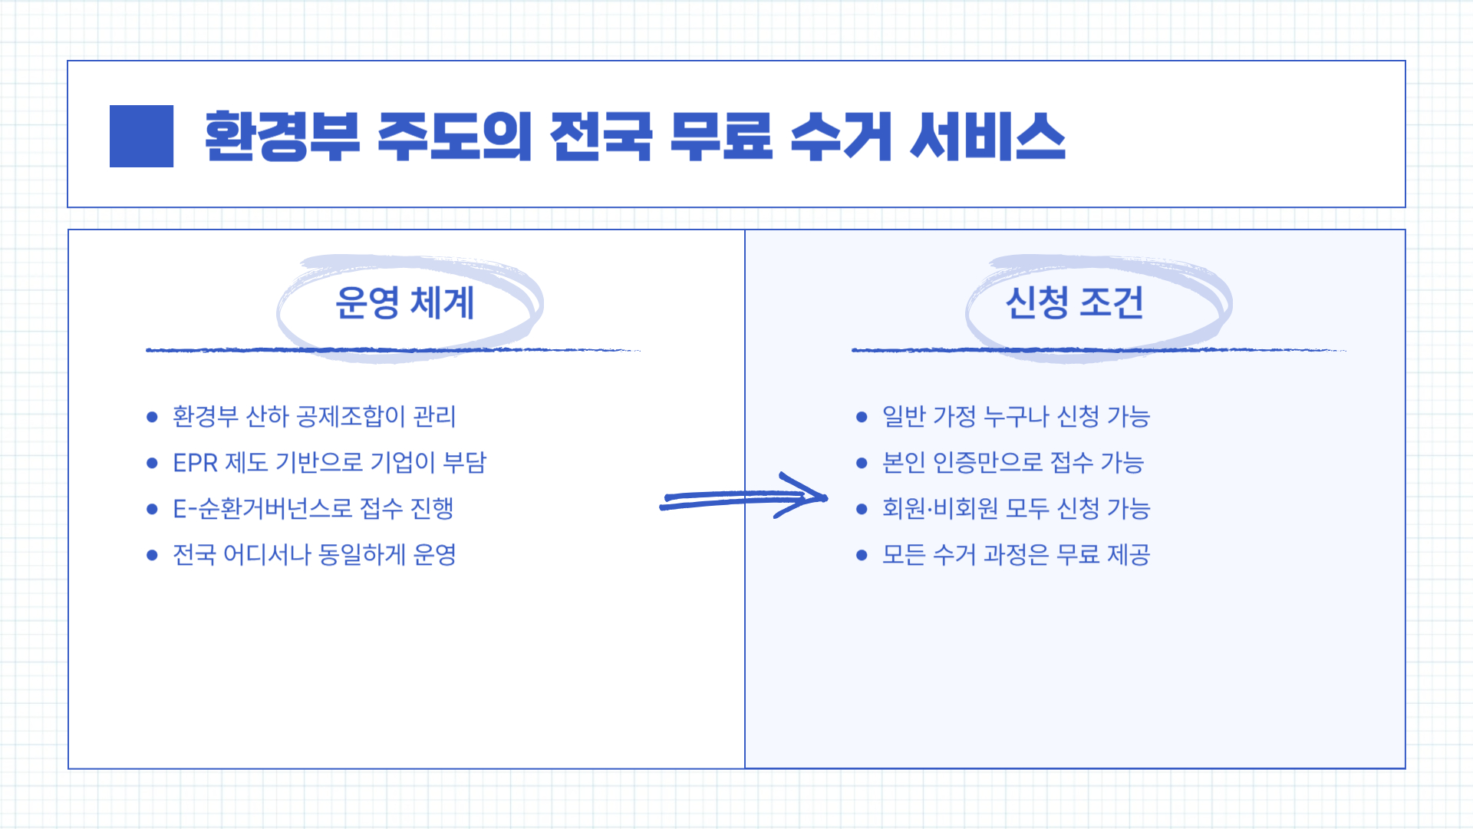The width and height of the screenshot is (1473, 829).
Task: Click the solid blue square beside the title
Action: point(141,136)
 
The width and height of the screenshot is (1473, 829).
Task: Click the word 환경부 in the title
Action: point(282,137)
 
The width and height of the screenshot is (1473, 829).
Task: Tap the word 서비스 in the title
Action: point(988,137)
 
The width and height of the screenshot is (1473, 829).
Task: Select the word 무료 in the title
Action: point(720,137)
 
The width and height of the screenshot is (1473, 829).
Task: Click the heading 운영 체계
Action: point(405,302)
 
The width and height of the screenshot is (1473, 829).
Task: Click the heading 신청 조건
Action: point(1074,302)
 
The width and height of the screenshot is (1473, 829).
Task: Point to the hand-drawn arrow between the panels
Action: point(743,497)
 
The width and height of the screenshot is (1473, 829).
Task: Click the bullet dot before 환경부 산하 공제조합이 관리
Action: point(152,417)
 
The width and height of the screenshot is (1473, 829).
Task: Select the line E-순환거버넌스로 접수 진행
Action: point(313,508)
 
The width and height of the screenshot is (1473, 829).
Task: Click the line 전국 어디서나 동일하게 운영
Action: point(314,554)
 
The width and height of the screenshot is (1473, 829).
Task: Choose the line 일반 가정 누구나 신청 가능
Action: point(1016,417)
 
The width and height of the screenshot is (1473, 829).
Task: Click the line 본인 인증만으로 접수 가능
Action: point(1013,463)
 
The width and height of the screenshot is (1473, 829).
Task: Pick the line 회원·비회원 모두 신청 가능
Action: point(1016,508)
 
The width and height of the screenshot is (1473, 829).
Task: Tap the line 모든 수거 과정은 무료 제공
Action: point(1016,554)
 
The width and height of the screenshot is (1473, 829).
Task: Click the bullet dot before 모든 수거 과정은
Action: point(862,555)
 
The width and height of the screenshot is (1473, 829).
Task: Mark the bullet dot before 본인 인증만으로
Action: point(862,463)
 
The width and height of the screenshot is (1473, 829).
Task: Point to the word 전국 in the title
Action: point(601,137)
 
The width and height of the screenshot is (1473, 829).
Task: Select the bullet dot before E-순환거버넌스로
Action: point(152,509)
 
